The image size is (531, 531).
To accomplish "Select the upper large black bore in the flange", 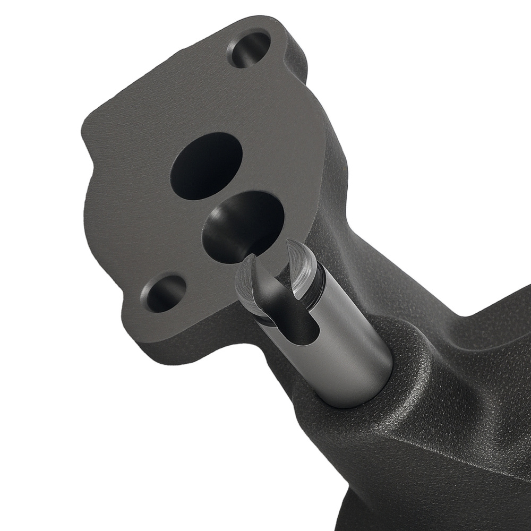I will (206, 166).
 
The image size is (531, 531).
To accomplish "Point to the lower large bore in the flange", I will (242, 226).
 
